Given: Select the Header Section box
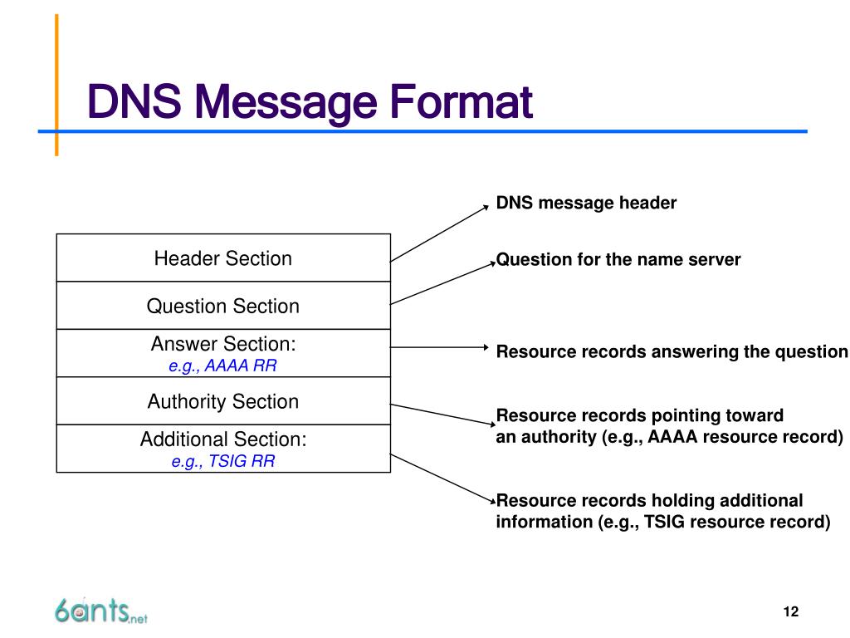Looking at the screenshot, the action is [222, 258].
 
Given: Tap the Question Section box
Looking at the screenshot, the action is [222, 306].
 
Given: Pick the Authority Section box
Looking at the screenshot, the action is [222, 401].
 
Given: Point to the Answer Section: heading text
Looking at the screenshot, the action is [222, 343].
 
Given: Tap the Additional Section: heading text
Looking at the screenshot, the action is [222, 439].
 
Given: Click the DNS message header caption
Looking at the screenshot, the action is [586, 203].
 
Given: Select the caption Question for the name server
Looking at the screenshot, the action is [618, 259].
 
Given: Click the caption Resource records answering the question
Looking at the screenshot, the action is [672, 351].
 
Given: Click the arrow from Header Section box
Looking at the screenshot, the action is [440, 233].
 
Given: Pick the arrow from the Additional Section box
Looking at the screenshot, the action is [442, 477].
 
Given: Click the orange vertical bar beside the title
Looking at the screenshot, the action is [56, 83].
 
